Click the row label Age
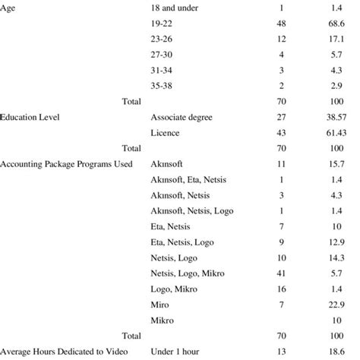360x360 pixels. (x=10, y=8)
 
